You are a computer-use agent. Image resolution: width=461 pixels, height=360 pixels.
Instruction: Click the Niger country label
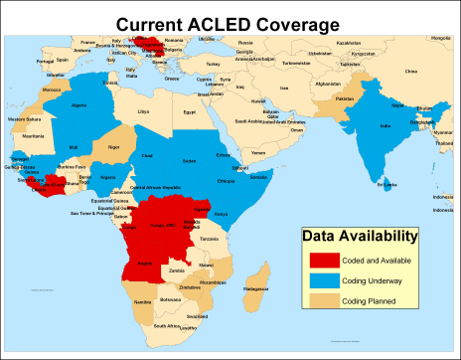click(x=113, y=146)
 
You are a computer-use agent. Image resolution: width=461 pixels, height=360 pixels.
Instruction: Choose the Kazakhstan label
click(x=349, y=44)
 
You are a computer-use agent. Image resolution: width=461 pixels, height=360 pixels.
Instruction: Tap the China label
click(x=411, y=72)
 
